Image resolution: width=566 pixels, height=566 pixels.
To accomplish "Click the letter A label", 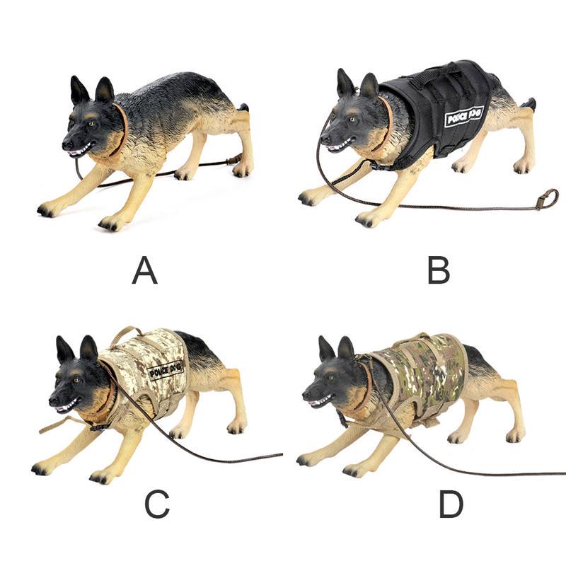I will click(144, 270).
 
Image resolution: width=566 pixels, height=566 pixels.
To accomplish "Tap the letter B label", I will click(438, 270).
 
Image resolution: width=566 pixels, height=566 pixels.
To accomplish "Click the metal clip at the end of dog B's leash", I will click(545, 200).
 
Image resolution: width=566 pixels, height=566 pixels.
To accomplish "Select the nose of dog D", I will click(306, 398).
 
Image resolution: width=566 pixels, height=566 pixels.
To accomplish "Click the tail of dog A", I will click(243, 108).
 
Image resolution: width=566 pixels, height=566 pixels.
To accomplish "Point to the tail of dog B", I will click(528, 103).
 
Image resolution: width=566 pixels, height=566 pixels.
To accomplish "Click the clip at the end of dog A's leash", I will click(233, 161).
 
